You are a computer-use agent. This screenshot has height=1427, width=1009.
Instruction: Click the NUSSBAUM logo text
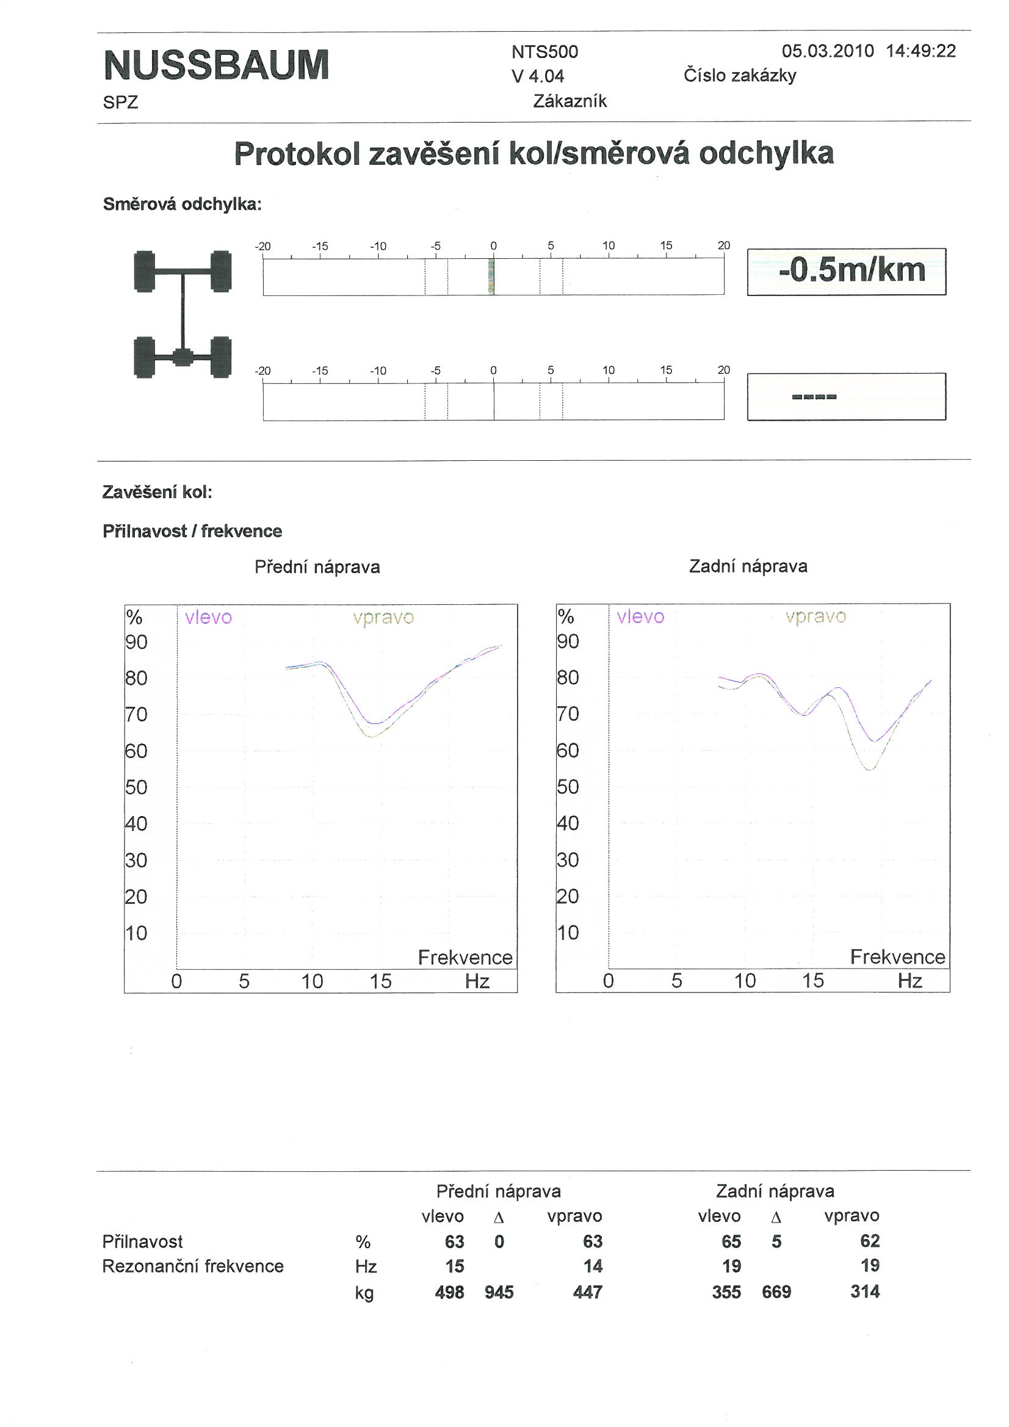(x=216, y=65)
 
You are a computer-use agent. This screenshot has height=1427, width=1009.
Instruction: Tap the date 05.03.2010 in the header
(x=828, y=51)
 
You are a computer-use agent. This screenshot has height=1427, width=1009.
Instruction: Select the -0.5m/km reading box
(x=846, y=272)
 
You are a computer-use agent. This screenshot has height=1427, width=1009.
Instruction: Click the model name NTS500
(x=544, y=52)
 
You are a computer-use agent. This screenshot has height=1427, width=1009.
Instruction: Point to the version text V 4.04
(x=538, y=76)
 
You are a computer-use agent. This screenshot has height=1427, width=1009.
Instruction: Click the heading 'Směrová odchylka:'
(x=182, y=204)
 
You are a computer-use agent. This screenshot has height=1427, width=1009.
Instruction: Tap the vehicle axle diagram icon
(x=182, y=314)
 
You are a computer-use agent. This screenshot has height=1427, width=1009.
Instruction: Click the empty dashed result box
(x=846, y=397)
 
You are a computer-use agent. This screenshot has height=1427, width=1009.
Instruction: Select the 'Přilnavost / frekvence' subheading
(x=192, y=532)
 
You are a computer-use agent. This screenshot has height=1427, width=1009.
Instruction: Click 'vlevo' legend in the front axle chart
(x=208, y=617)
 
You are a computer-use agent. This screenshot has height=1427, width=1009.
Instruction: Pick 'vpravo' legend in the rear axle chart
(x=815, y=616)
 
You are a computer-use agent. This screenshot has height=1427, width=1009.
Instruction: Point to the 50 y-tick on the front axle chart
(x=136, y=787)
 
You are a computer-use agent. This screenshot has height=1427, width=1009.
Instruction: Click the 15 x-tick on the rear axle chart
(x=813, y=981)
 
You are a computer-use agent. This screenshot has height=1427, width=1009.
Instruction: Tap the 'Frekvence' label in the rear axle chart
(x=897, y=957)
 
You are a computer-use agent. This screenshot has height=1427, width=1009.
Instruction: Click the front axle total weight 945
(x=499, y=1293)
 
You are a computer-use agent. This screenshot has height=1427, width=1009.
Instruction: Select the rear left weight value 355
(x=726, y=1293)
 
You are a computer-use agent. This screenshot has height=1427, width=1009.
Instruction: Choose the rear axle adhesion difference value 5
(x=776, y=1242)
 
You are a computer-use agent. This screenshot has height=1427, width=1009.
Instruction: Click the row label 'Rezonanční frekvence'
(x=193, y=1266)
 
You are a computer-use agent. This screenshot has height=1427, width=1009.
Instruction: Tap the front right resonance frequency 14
(x=593, y=1266)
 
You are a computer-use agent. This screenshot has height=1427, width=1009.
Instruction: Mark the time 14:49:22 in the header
(x=920, y=51)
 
